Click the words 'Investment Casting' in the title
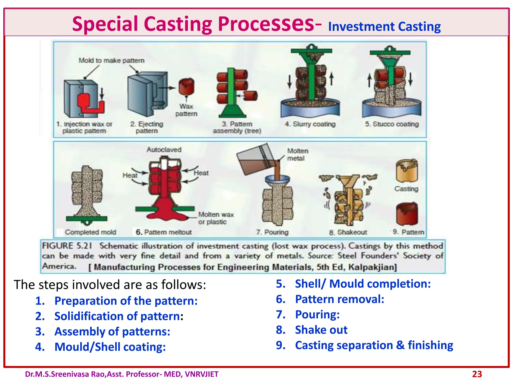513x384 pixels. (x=384, y=26)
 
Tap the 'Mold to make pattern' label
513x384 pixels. (x=111, y=60)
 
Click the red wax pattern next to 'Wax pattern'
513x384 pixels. (x=187, y=86)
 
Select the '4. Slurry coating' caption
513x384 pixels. (x=310, y=124)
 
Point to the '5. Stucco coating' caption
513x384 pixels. (x=392, y=124)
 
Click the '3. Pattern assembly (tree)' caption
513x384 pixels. (x=237, y=127)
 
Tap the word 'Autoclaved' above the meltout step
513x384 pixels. (x=164, y=150)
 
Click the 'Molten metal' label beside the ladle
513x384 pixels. (x=297, y=154)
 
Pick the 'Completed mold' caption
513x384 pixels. (x=90, y=232)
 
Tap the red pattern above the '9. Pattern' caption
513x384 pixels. (x=407, y=214)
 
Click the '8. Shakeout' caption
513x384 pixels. (x=348, y=232)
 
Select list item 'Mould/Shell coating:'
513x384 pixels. (x=110, y=347)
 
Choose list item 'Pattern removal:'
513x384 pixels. (x=339, y=299)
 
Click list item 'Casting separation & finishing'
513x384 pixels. (x=374, y=345)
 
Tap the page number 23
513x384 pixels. (x=477, y=374)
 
